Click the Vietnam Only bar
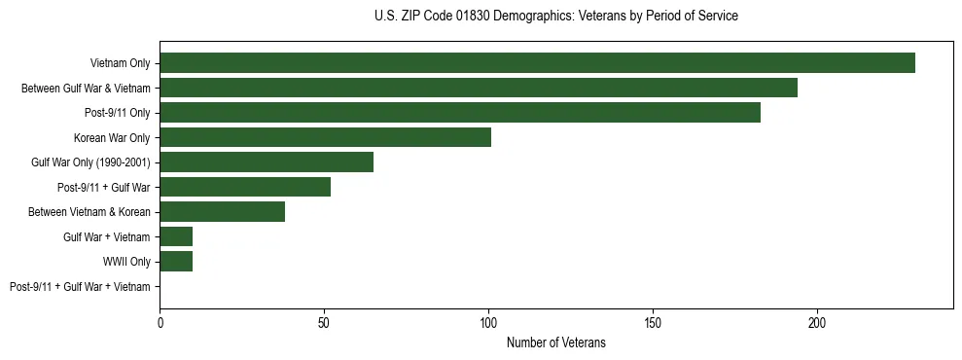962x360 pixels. pyautogui.click(x=537, y=63)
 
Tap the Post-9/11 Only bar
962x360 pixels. pyautogui.click(x=460, y=113)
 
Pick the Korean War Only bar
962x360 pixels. pyautogui.click(x=325, y=137)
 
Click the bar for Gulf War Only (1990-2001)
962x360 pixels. pyautogui.click(x=267, y=162)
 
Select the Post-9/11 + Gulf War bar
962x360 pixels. pyautogui.click(x=245, y=187)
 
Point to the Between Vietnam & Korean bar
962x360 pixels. pyautogui.click(x=223, y=212)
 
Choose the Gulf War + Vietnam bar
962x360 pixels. pyautogui.click(x=176, y=236)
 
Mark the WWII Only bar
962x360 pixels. pyautogui.click(x=176, y=262)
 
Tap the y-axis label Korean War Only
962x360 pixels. pyautogui.click(x=112, y=138)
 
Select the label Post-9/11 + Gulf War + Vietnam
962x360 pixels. pyautogui.click(x=80, y=287)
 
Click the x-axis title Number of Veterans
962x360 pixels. pyautogui.click(x=556, y=342)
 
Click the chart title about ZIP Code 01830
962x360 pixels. pyautogui.click(x=555, y=17)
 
